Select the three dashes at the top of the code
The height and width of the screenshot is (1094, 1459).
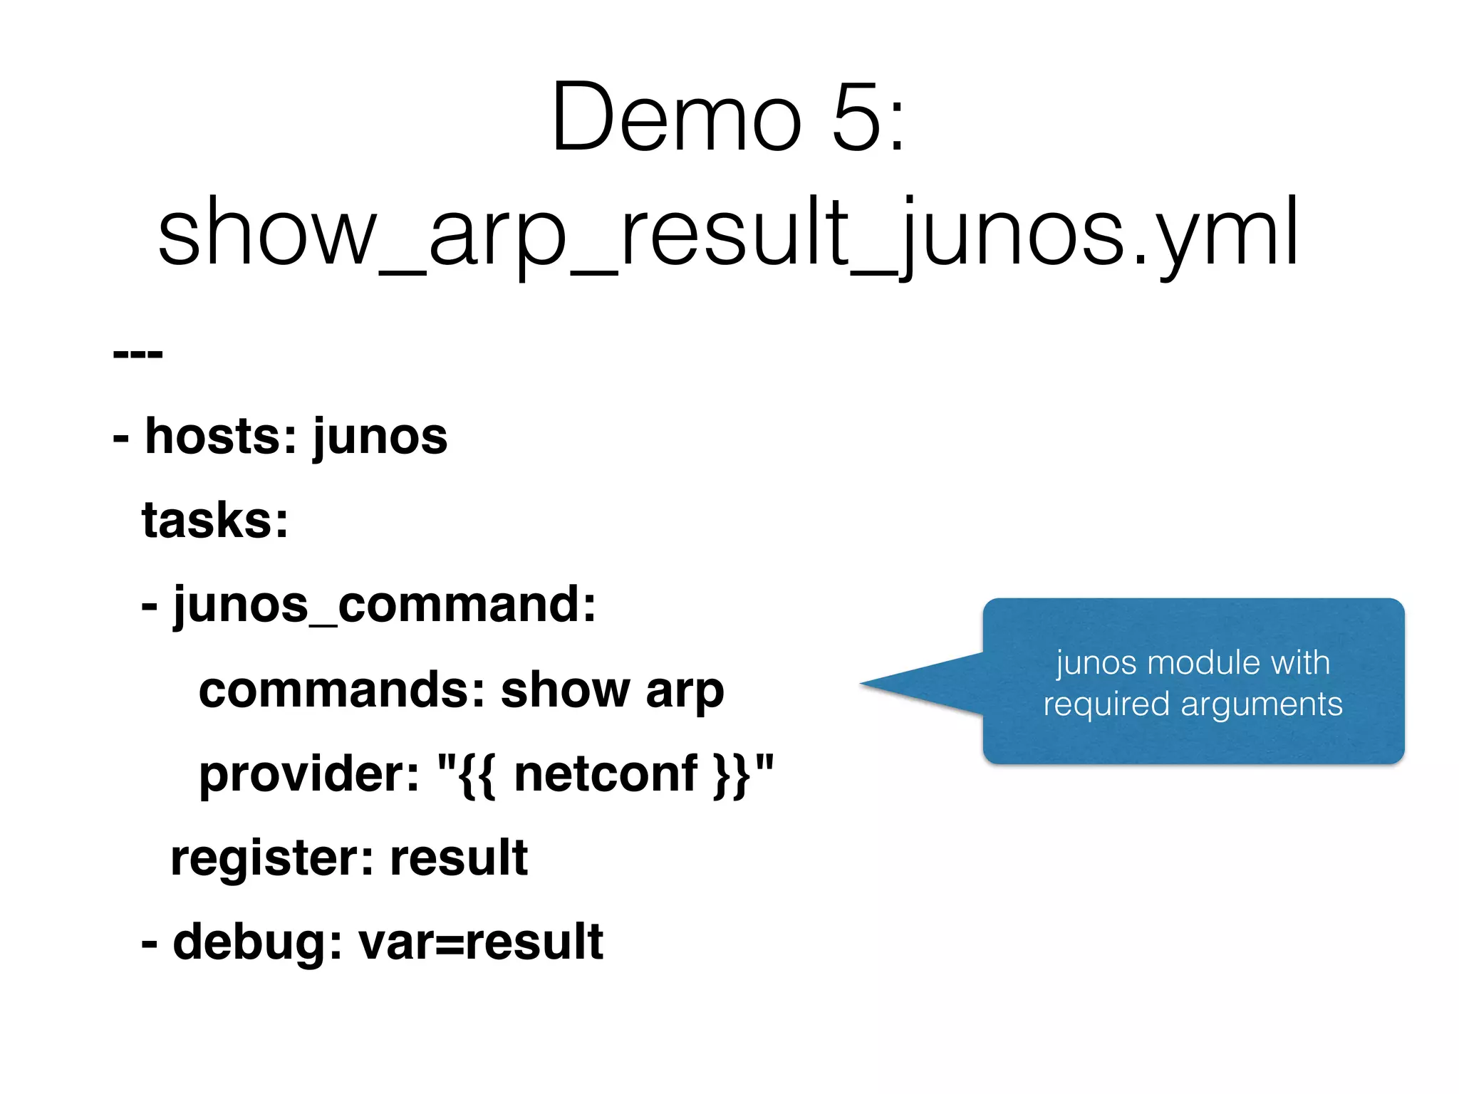pyautogui.click(x=137, y=353)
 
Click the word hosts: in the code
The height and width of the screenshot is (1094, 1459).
pyautogui.click(x=221, y=436)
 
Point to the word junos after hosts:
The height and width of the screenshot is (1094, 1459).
pyautogui.click(x=380, y=437)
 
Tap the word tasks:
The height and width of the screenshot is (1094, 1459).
pyautogui.click(x=215, y=520)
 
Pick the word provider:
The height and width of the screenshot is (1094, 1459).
pyautogui.click(x=309, y=774)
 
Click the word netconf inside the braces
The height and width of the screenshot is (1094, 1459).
pyautogui.click(x=605, y=773)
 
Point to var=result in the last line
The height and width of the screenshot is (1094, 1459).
pyautogui.click(x=481, y=942)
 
